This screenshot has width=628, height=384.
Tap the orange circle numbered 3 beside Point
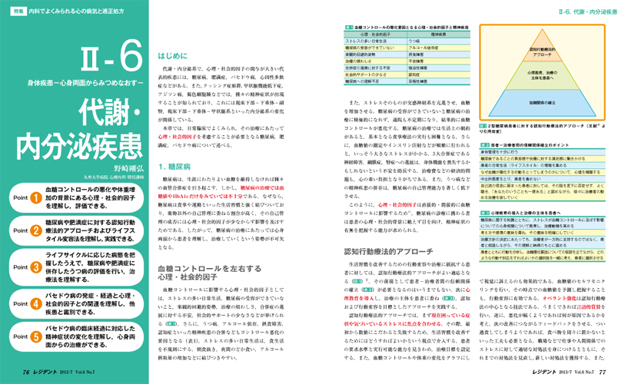[x=35, y=270]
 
